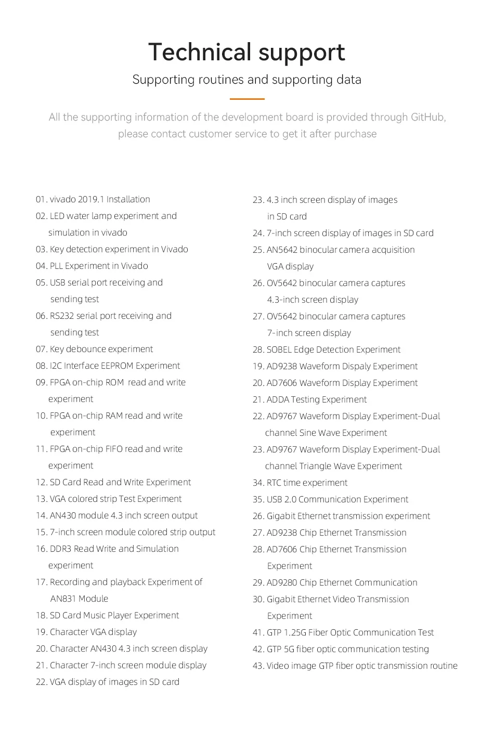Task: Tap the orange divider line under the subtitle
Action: (247, 98)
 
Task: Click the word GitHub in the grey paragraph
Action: (427, 117)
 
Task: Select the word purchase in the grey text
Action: (355, 134)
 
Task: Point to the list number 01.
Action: (41, 199)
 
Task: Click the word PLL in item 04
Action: (56, 266)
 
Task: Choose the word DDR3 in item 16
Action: (60, 549)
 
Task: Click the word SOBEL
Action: (279, 349)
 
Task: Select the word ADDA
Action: (278, 399)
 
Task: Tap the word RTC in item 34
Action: (274, 483)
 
